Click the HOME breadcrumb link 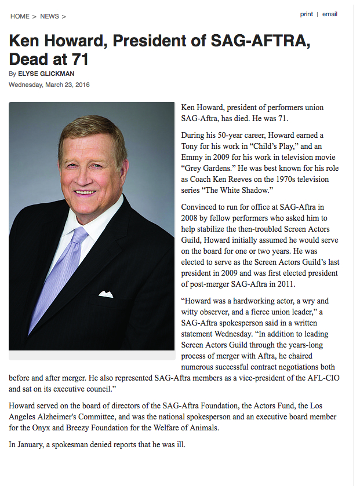tap(20, 16)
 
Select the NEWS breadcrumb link tap(49, 16)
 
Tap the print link tap(307, 14)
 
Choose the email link tap(330, 14)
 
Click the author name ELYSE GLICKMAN tap(46, 74)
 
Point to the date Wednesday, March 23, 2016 tap(49, 85)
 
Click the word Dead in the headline tap(27, 59)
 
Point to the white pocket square tap(106, 294)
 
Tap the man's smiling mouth tap(85, 192)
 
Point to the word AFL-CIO tap(322, 378)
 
